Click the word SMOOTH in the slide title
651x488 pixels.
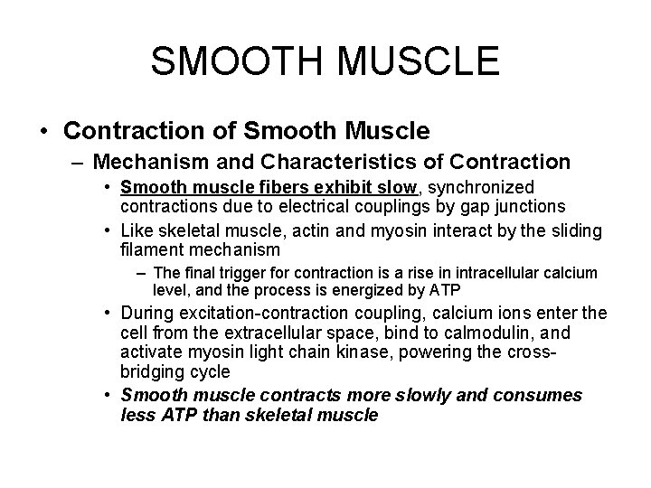(232, 61)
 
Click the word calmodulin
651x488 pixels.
(513, 332)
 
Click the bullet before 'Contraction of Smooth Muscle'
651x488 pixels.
(45, 132)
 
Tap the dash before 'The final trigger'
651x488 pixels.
(145, 273)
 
